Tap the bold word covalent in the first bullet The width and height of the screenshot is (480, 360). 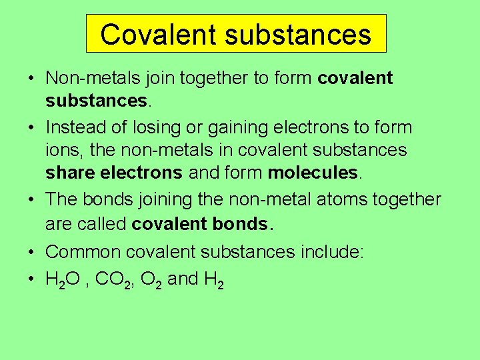point(355,78)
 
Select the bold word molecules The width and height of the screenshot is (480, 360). point(313,173)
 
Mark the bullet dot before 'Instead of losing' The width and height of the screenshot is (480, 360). point(31,127)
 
